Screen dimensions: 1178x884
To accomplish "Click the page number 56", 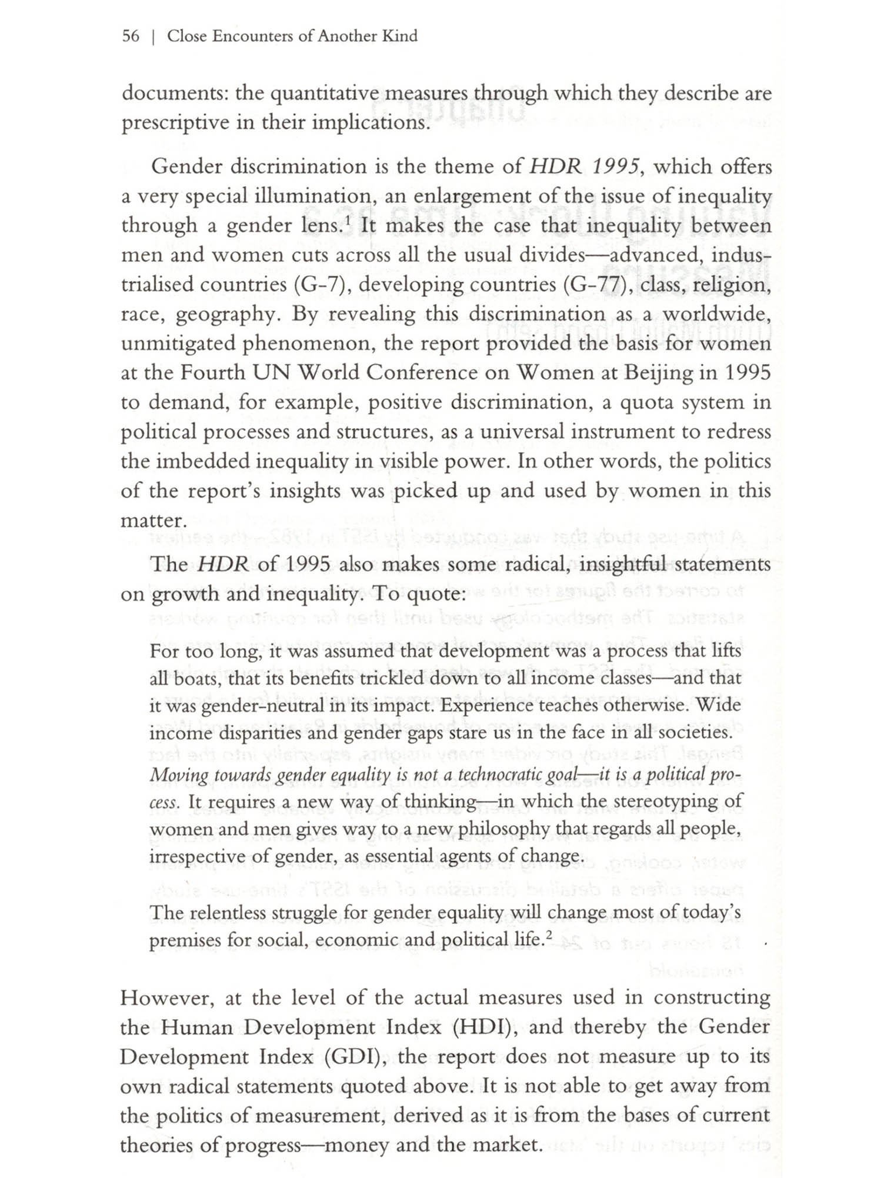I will [x=131, y=36].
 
